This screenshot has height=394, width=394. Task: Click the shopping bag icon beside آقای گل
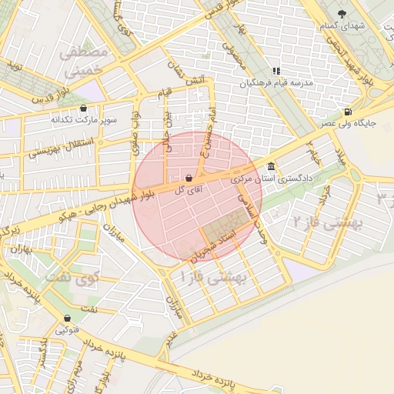click(x=189, y=178)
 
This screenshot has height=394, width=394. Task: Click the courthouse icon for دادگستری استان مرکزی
click(x=271, y=167)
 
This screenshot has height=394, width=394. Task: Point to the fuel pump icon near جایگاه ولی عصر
click(x=349, y=111)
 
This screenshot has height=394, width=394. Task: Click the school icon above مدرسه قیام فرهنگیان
click(x=277, y=72)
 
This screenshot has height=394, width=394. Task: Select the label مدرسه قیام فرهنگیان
click(x=278, y=82)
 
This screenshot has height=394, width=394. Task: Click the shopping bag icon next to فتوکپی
click(x=68, y=317)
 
